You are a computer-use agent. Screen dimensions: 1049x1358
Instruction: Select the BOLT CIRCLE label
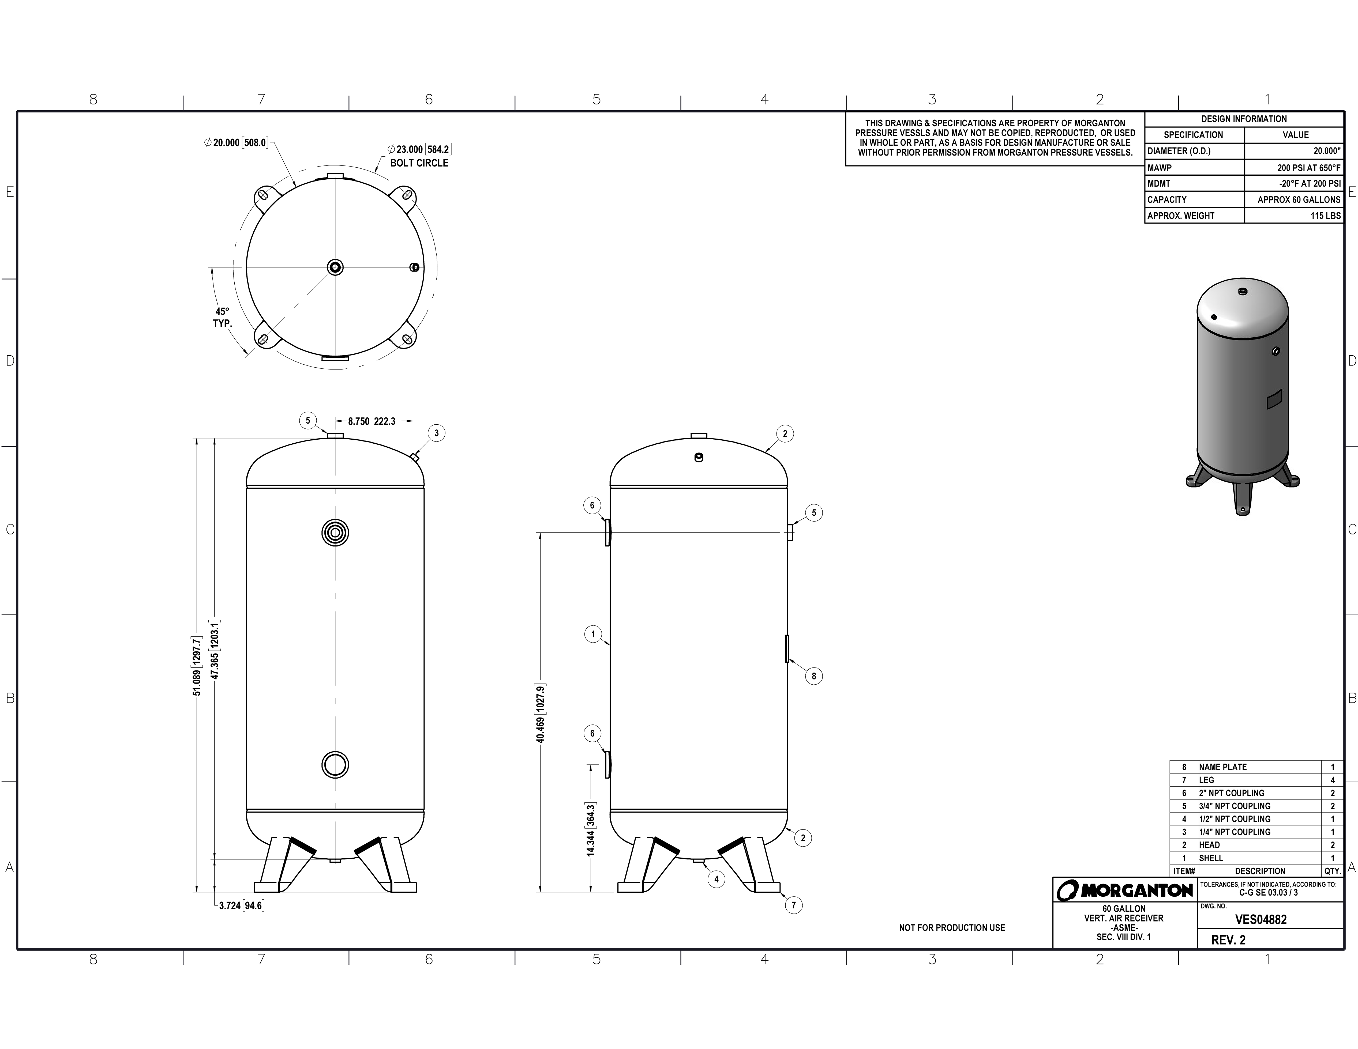[x=419, y=163]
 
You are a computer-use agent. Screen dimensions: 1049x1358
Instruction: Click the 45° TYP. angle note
[x=222, y=318]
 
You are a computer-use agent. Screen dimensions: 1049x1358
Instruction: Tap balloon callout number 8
[x=813, y=676]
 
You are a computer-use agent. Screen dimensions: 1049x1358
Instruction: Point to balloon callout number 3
[x=437, y=433]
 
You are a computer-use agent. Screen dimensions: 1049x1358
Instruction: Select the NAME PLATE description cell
[x=1259, y=767]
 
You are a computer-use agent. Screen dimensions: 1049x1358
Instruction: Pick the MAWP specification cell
[x=1194, y=167]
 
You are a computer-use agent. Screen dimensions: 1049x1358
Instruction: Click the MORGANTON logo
[x=1125, y=890]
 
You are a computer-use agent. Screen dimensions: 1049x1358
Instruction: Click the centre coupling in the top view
[x=335, y=267]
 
